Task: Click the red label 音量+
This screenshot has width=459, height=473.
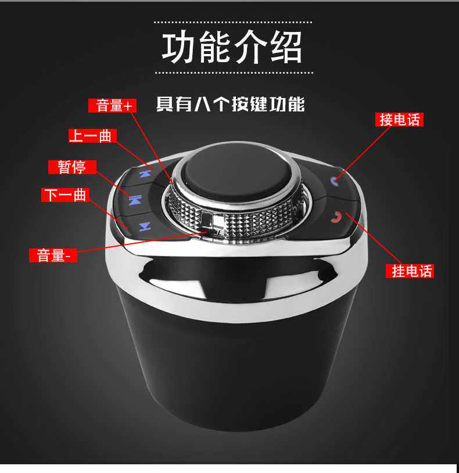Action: (x=112, y=106)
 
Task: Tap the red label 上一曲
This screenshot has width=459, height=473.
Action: (x=92, y=136)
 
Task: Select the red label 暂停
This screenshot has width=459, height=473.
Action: (x=72, y=167)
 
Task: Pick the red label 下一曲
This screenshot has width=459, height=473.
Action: (x=65, y=195)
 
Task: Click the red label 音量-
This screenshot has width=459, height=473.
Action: (x=53, y=255)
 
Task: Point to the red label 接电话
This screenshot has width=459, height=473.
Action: (x=399, y=120)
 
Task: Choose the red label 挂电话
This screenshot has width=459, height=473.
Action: (x=410, y=270)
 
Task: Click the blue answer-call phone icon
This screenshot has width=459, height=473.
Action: (x=334, y=180)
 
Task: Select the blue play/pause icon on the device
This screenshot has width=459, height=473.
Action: (x=135, y=200)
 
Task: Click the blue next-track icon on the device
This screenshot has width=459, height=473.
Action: (x=145, y=226)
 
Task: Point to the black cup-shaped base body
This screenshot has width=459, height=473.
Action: (x=235, y=362)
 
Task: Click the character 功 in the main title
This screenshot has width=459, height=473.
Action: (x=179, y=48)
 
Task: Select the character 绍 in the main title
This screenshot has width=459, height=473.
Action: (x=285, y=48)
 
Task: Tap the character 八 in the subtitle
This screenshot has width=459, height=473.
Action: (x=202, y=104)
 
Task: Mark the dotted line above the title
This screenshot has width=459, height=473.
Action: (x=233, y=22)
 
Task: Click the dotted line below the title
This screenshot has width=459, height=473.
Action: (x=234, y=73)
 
